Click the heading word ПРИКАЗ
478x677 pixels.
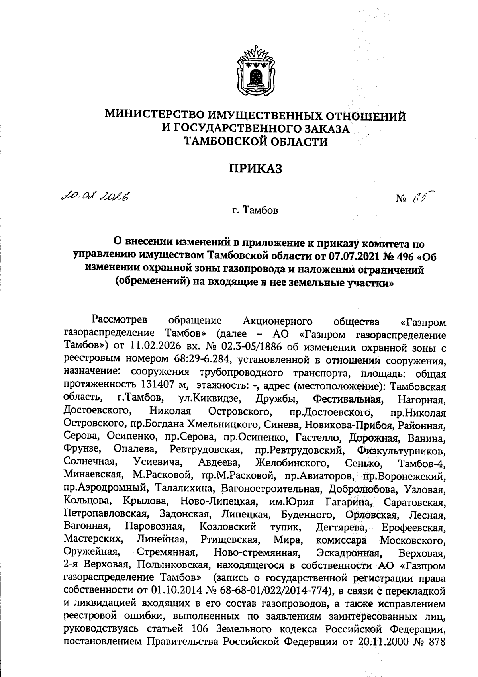(x=255, y=169)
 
